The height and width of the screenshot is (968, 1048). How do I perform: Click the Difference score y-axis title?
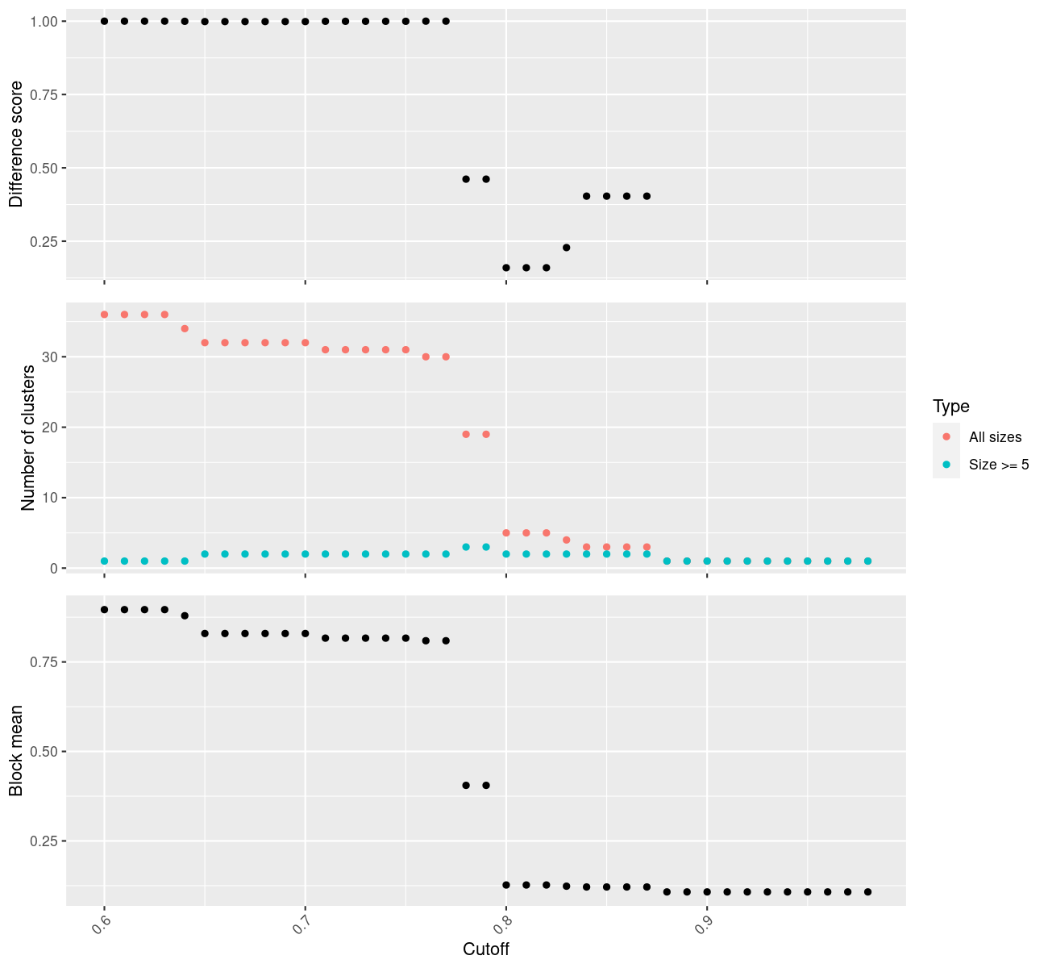coord(16,144)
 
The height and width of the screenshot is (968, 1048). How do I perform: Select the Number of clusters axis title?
coord(29,438)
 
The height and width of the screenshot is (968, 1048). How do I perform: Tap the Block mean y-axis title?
coord(16,751)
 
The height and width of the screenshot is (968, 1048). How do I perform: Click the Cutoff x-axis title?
coord(485,949)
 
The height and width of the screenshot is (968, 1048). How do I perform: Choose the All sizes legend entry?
coord(995,437)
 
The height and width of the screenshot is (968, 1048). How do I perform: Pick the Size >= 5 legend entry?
coord(999,465)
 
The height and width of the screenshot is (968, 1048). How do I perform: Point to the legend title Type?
coord(950,406)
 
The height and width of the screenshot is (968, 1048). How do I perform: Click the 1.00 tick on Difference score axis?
coord(44,21)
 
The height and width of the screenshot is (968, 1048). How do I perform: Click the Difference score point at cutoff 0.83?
coord(567,248)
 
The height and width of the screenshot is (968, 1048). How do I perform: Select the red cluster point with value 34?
coord(185,328)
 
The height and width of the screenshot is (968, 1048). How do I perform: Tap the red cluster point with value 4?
coord(567,540)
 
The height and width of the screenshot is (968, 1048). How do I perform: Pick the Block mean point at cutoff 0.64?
coord(185,615)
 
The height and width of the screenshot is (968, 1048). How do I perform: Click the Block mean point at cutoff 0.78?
coord(466,785)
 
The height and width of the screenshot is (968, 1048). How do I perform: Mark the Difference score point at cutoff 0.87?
coord(647,196)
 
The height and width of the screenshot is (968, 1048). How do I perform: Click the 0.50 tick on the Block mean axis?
coord(44,751)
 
